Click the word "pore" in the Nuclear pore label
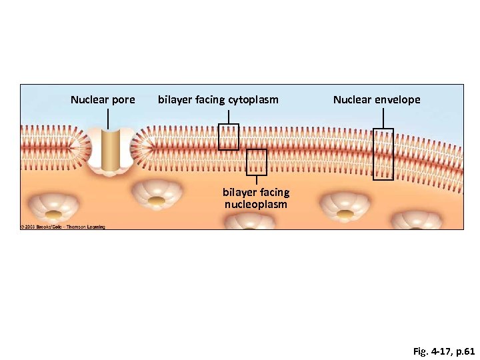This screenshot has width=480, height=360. coord(123,100)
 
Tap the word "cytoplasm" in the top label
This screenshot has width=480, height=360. coord(253,100)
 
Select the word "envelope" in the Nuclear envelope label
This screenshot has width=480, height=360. coord(397,100)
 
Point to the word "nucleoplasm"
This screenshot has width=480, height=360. coord(256,204)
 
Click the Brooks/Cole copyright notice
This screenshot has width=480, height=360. coord(63,227)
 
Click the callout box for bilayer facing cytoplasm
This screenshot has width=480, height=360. coord(229,137)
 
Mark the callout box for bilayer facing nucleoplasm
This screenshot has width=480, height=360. coord(257,162)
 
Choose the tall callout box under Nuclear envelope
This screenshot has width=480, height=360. coord(383,154)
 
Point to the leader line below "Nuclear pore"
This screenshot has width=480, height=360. coord(108,119)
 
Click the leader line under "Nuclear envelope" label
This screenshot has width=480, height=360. coord(383,118)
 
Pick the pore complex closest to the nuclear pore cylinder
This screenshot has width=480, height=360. coord(157,194)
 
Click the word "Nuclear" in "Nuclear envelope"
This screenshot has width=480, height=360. coord(352,100)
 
